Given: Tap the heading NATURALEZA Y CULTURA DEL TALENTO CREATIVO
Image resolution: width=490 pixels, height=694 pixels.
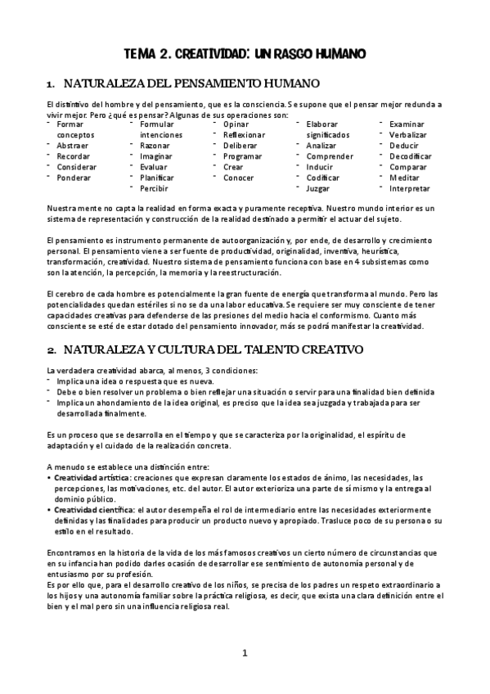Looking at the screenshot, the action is click(x=200, y=349).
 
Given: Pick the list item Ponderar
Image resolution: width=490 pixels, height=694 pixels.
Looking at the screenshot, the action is click(x=74, y=177).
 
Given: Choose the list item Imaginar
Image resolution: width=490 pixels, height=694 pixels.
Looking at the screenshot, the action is click(x=156, y=155).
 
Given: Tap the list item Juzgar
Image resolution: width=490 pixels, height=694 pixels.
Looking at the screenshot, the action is click(x=318, y=187).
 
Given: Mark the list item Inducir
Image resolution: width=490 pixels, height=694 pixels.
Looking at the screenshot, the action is click(x=319, y=166).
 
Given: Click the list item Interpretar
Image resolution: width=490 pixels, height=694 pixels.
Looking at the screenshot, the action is click(x=410, y=187).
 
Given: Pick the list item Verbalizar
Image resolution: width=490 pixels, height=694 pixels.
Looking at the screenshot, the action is click(x=408, y=134).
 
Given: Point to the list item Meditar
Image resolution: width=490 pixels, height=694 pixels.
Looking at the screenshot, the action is click(x=404, y=177).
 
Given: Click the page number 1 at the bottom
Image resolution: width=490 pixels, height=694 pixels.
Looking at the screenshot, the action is click(x=245, y=652).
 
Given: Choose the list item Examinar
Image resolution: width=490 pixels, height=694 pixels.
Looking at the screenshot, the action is click(x=407, y=124).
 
